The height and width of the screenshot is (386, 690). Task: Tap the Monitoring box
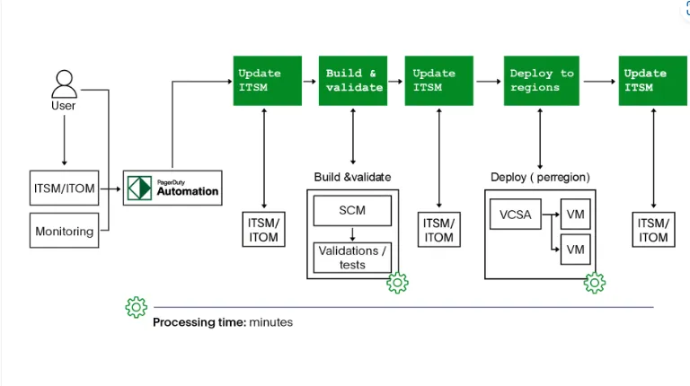click(64, 231)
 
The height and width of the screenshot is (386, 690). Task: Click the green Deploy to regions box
click(541, 81)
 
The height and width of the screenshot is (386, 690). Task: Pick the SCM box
click(351, 211)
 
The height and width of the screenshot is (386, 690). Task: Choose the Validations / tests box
click(351, 258)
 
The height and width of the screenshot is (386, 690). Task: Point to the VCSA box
click(512, 215)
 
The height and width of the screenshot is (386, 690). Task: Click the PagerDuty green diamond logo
click(139, 189)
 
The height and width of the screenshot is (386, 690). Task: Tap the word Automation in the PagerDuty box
click(187, 191)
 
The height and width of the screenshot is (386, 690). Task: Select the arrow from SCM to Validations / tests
click(351, 234)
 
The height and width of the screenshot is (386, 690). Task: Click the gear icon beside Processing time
click(136, 307)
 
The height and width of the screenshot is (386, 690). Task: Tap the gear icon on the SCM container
click(397, 283)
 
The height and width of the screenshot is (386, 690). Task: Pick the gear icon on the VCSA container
click(594, 283)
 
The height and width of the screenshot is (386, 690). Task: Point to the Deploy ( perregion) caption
click(540, 177)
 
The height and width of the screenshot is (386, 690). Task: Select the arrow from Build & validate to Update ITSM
click(395, 81)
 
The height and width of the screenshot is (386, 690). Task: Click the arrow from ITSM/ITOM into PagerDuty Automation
click(111, 189)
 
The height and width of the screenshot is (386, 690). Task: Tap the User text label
click(64, 106)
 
